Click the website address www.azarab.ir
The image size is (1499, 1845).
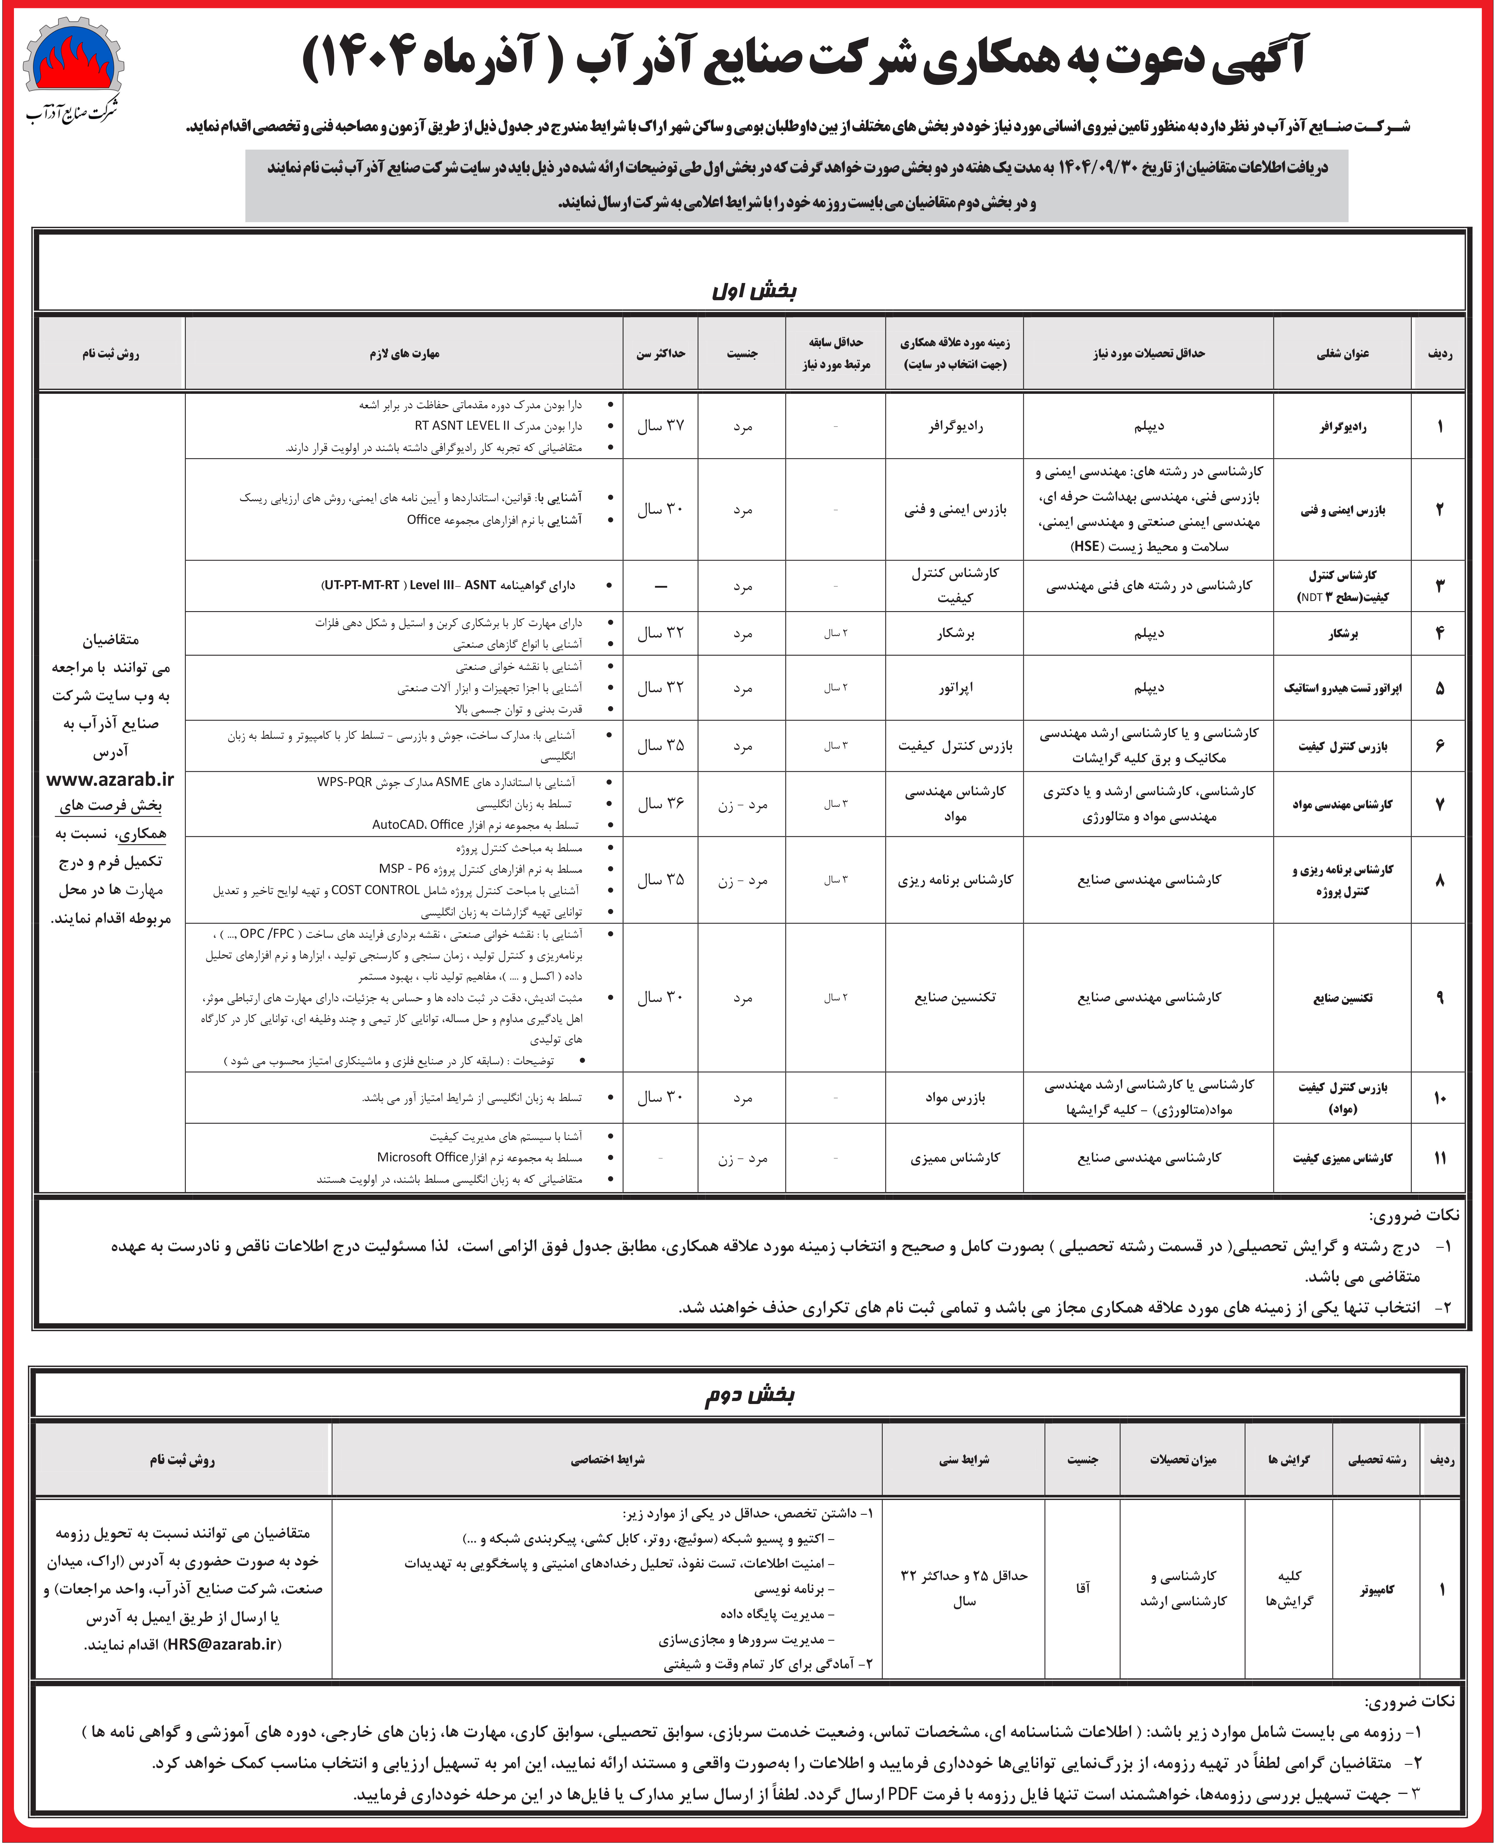[x=110, y=779]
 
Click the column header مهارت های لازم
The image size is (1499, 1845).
[x=404, y=353]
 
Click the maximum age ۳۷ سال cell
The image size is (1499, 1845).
[x=660, y=426]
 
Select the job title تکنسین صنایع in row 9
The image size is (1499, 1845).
[x=1343, y=998]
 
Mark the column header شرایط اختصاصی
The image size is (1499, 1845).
[x=607, y=1460]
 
